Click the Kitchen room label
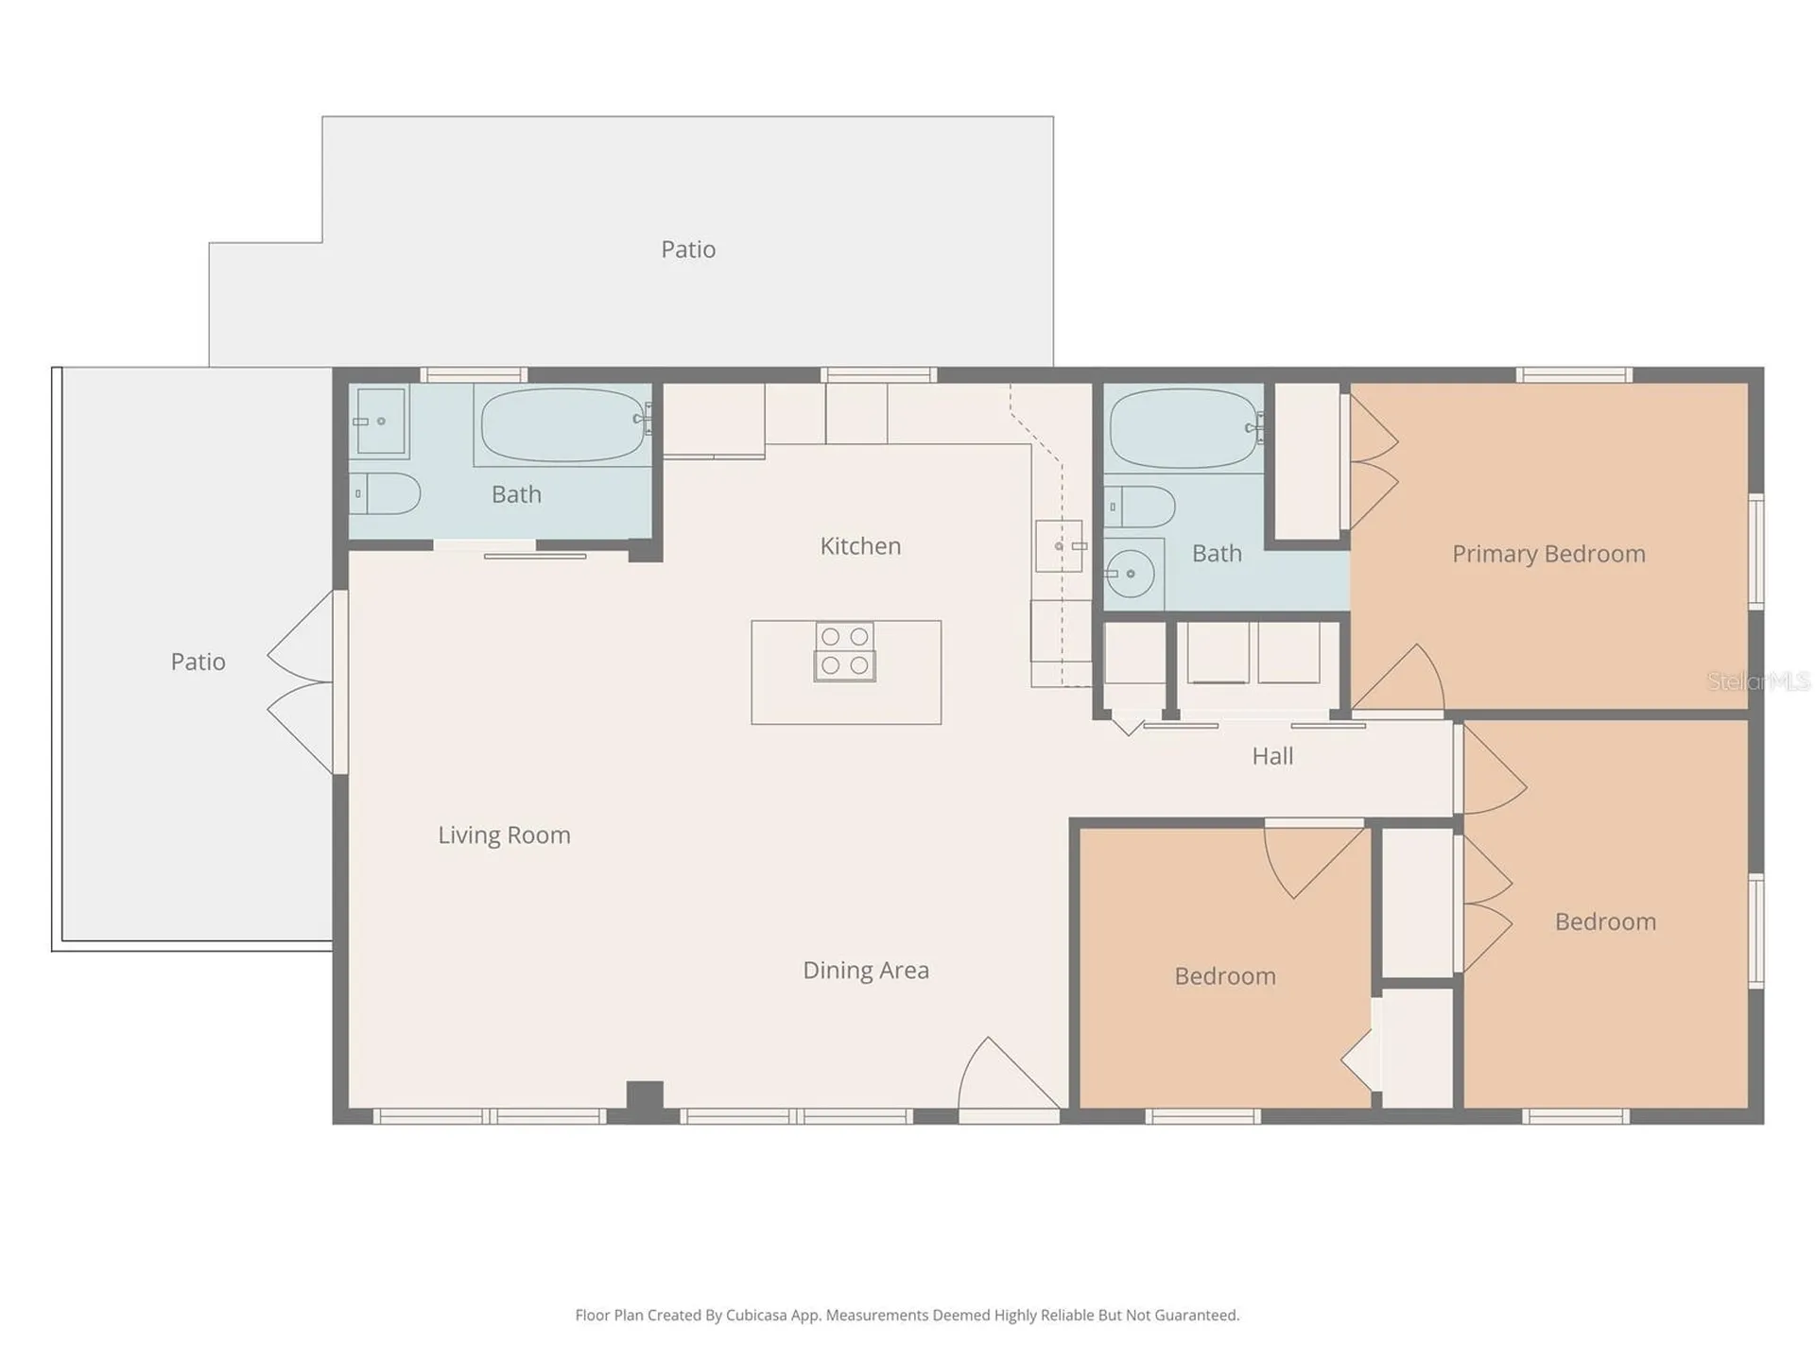(x=860, y=546)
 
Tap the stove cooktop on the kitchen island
(x=845, y=651)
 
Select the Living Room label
(x=504, y=836)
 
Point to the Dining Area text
(x=866, y=971)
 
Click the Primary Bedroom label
(x=1548, y=554)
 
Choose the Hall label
(x=1272, y=756)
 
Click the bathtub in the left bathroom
(x=565, y=424)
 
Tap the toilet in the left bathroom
(x=385, y=493)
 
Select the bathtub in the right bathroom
(x=1185, y=428)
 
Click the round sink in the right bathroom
(x=1131, y=573)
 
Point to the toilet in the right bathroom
(x=1139, y=507)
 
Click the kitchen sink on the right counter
(x=1060, y=546)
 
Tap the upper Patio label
(x=688, y=250)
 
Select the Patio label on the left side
(x=198, y=662)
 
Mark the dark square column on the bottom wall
(x=645, y=1096)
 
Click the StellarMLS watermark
(x=1758, y=680)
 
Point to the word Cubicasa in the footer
(x=756, y=1315)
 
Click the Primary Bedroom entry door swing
(x=1398, y=678)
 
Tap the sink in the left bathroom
(x=381, y=422)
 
